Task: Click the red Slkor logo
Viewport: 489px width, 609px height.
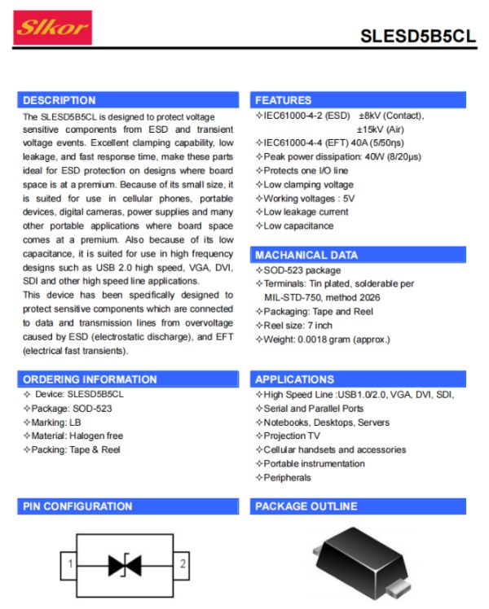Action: point(53,28)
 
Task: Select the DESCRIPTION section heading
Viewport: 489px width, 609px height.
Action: point(59,100)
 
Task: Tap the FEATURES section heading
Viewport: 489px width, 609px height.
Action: point(283,100)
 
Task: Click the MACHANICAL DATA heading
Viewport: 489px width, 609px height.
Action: point(306,255)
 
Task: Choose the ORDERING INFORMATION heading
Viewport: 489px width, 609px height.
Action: point(90,379)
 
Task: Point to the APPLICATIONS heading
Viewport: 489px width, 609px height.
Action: point(294,379)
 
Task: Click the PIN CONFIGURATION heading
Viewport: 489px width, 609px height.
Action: point(77,506)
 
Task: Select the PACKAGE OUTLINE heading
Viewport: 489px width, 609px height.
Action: point(306,506)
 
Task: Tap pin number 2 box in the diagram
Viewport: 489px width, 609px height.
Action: point(183,563)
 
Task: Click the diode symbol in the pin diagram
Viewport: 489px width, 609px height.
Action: point(126,563)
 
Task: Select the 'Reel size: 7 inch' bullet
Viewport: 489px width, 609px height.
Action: point(298,326)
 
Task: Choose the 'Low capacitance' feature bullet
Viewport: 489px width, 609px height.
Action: point(298,226)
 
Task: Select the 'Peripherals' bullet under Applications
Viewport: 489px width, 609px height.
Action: point(287,477)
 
